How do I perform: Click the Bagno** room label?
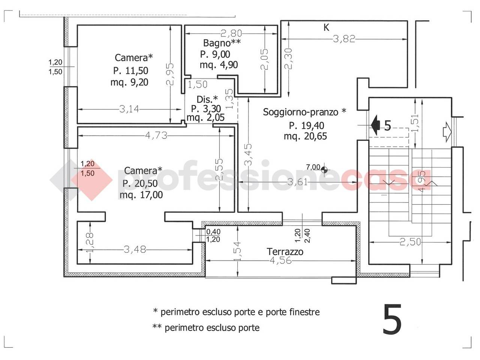pyautogui.click(x=222, y=43)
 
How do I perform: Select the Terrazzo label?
pyautogui.click(x=285, y=252)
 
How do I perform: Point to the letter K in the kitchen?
pyautogui.click(x=326, y=28)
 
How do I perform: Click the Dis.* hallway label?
pyautogui.click(x=207, y=99)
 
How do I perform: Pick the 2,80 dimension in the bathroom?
pyautogui.click(x=231, y=33)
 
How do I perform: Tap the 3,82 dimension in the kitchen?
pyautogui.click(x=344, y=39)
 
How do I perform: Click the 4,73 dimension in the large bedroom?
pyautogui.click(x=156, y=135)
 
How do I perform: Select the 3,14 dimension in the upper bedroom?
pyautogui.click(x=129, y=109)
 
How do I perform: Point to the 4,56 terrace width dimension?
pyautogui.click(x=280, y=260)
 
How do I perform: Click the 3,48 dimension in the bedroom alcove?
pyautogui.click(x=135, y=250)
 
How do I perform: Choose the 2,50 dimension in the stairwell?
pyautogui.click(x=410, y=242)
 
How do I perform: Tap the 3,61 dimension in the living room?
pyautogui.click(x=297, y=182)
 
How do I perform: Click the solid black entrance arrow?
pyautogui.click(x=375, y=125)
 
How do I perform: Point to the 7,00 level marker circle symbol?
pyautogui.click(x=324, y=169)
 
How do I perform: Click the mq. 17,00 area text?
pyautogui.click(x=141, y=195)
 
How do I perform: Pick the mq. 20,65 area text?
pyautogui.click(x=305, y=136)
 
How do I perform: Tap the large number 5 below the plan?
pyautogui.click(x=392, y=319)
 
